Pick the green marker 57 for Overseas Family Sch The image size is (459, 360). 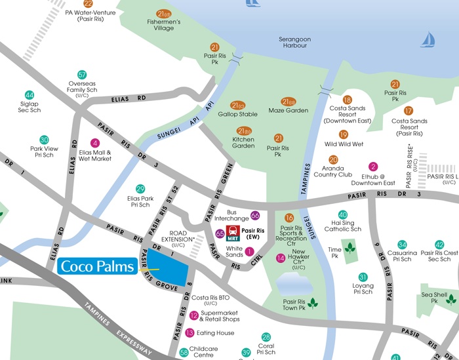(x=82, y=75)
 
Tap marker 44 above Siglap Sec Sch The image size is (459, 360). (x=29, y=95)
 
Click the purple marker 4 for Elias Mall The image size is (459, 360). (x=95, y=143)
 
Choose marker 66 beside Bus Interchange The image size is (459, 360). (x=255, y=216)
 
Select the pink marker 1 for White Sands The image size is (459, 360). (x=249, y=250)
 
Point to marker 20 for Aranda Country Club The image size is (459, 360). (x=333, y=159)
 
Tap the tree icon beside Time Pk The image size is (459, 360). (x=349, y=248)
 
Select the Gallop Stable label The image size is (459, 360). (x=237, y=114)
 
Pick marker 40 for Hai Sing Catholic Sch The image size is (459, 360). (x=342, y=214)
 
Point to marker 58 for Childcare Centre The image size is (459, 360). (x=184, y=352)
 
